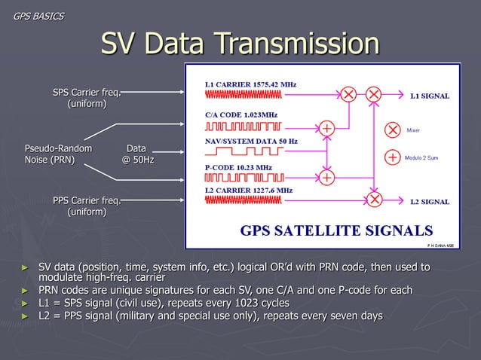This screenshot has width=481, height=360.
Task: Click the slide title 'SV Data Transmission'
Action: pyautogui.click(x=240, y=43)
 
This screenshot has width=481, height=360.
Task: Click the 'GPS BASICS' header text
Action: pyautogui.click(x=38, y=16)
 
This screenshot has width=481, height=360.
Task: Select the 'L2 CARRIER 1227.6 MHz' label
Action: pyautogui.click(x=249, y=191)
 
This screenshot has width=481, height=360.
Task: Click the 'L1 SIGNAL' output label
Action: pyautogui.click(x=430, y=96)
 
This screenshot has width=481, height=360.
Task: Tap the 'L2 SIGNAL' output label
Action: pyautogui.click(x=430, y=202)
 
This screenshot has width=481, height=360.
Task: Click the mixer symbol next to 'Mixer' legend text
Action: pyautogui.click(x=393, y=130)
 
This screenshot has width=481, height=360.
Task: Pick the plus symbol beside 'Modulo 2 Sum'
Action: pyautogui.click(x=393, y=157)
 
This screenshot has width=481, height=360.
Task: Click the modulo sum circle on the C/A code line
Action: pyautogui.click(x=326, y=128)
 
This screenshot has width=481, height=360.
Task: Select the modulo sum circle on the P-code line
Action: pyautogui.click(x=326, y=178)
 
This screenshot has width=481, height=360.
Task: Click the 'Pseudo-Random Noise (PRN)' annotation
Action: pyautogui.click(x=58, y=154)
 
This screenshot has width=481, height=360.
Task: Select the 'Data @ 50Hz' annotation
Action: pyautogui.click(x=136, y=154)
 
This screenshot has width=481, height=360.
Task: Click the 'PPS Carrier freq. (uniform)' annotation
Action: pyautogui.click(x=87, y=206)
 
